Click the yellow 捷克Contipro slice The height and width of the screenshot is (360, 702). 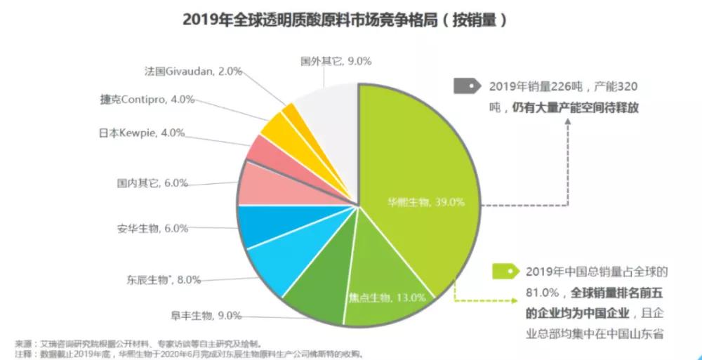click(x=277, y=128)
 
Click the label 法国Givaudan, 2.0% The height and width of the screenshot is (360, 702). click(x=192, y=71)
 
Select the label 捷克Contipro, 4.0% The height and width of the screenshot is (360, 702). click(x=147, y=100)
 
